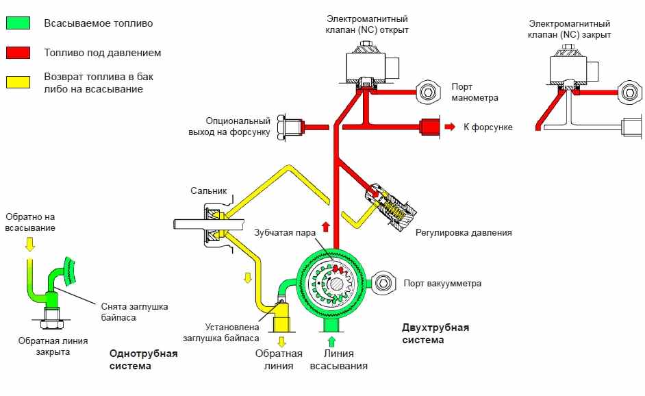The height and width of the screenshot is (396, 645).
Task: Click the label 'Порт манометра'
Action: (x=475, y=92)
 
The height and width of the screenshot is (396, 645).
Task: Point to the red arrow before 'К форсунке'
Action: (x=450, y=127)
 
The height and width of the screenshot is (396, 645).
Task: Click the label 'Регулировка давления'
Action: (x=464, y=233)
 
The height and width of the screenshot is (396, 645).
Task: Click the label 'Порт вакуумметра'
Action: (x=442, y=283)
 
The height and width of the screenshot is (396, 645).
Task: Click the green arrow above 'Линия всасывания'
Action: (x=332, y=341)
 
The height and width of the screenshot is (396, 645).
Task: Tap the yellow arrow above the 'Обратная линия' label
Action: (x=281, y=341)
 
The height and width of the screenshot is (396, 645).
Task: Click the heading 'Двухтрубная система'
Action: (x=435, y=333)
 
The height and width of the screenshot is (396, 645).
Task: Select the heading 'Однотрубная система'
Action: (x=143, y=360)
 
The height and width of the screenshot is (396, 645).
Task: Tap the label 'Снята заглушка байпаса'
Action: (x=134, y=312)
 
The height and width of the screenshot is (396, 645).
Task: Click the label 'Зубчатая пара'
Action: (x=284, y=232)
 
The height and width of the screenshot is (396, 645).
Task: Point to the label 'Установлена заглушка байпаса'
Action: (x=220, y=332)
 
